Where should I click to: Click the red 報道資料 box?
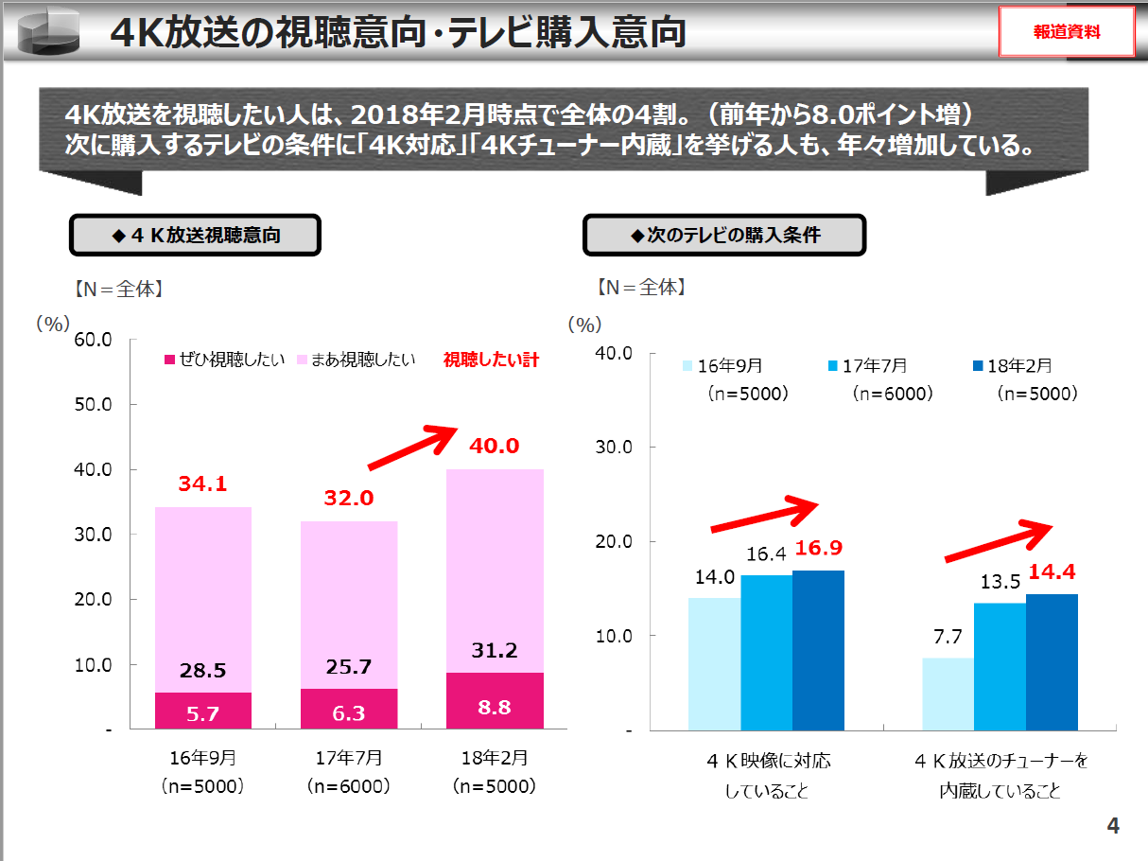click(x=1067, y=32)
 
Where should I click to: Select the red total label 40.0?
click(x=494, y=446)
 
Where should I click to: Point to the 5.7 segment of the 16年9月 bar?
click(x=202, y=711)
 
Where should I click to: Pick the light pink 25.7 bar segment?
click(x=348, y=605)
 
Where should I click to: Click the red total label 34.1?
click(x=202, y=484)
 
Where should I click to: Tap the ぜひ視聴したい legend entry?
click(x=224, y=360)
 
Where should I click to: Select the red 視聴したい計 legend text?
click(x=491, y=360)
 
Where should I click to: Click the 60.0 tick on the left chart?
click(x=94, y=340)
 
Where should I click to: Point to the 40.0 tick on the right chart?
click(x=615, y=353)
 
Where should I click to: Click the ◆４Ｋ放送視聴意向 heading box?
click(x=195, y=236)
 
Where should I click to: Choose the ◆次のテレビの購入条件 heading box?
click(x=724, y=236)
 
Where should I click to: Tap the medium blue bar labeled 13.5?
click(x=1000, y=666)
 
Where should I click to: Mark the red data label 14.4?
click(x=1052, y=571)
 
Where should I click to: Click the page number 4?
click(x=1113, y=826)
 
